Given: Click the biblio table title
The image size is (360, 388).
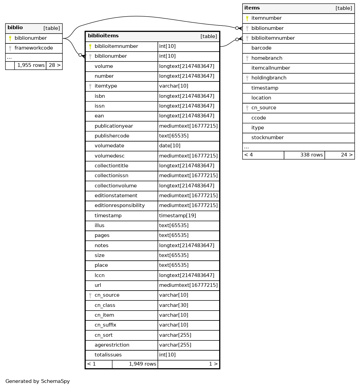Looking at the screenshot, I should tap(15, 28).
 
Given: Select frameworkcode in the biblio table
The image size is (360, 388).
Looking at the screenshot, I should tap(34, 48).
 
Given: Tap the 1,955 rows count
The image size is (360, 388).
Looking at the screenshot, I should tap(31, 65).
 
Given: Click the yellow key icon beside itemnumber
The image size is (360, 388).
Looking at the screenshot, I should tap(247, 18).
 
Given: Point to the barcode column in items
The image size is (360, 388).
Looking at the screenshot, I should tap(261, 48).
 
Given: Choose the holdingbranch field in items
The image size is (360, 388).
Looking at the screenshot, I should tap(269, 78).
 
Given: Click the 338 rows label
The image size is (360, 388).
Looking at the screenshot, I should tap(311, 155).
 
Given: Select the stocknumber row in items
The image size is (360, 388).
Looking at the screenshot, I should tap(267, 138).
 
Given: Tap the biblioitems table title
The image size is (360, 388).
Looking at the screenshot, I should tap(103, 36).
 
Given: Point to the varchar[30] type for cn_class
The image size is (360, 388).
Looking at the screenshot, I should tap(173, 306).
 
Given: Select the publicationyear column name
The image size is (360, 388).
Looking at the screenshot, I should tap(114, 126).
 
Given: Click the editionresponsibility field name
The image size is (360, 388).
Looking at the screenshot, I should tap(119, 206).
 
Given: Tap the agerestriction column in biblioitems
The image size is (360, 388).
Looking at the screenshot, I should tap(112, 345).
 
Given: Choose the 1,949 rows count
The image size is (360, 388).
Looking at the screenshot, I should tap(143, 364).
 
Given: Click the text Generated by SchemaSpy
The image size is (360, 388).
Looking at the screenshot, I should tap(38, 382).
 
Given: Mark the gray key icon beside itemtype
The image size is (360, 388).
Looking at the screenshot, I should tap(90, 86).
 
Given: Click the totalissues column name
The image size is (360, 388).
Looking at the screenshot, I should tap(108, 355).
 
